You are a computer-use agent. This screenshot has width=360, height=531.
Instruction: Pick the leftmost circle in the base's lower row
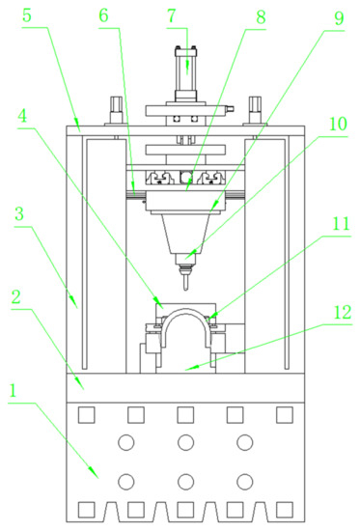coord(125,480)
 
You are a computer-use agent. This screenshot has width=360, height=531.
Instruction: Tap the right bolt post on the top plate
coord(255,108)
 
